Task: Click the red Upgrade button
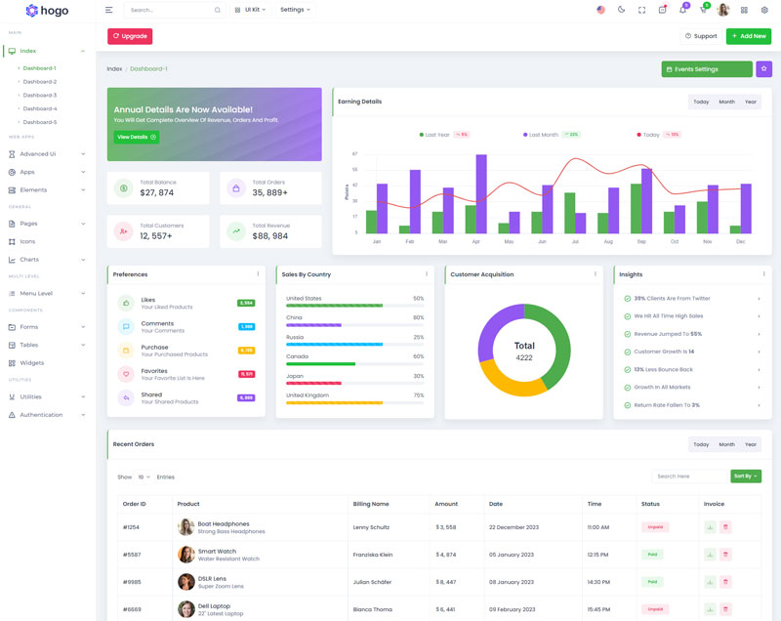pos(130,36)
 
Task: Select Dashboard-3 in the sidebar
pos(40,95)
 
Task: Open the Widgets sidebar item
pos(32,362)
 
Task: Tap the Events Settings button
pos(706,69)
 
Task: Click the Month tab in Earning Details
pos(726,102)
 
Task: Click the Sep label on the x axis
pos(641,241)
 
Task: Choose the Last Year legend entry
pos(435,135)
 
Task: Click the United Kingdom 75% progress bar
pos(334,402)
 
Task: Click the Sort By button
pos(745,476)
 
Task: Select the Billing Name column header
pos(371,504)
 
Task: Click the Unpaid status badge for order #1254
pos(653,527)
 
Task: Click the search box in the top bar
pos(171,10)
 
